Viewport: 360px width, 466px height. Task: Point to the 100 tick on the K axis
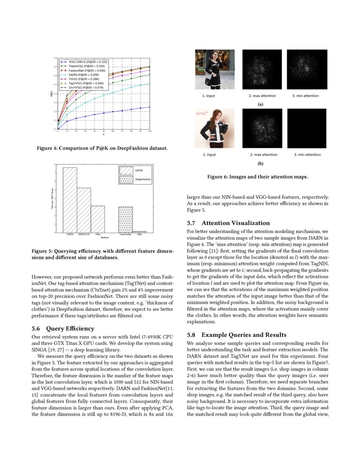click(x=150, y=132)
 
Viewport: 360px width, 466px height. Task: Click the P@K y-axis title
click(x=51, y=96)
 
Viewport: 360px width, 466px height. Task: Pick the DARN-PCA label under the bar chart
click(x=84, y=234)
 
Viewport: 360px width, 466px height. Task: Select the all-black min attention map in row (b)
click(x=307, y=128)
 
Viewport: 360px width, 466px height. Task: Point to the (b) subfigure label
click(x=260, y=164)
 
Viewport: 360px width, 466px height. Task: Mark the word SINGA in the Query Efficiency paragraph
click(x=39, y=349)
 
